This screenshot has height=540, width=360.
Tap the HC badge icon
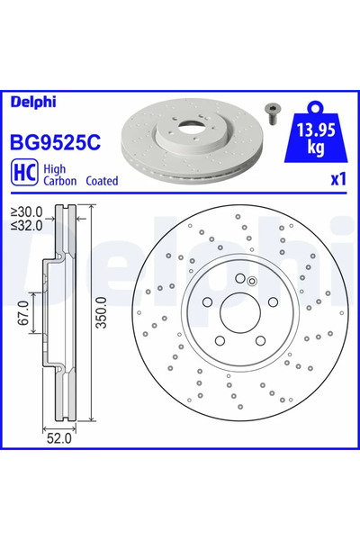pos(22,174)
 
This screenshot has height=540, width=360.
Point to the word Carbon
pos(61,181)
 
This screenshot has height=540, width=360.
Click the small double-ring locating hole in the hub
pos(253,281)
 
